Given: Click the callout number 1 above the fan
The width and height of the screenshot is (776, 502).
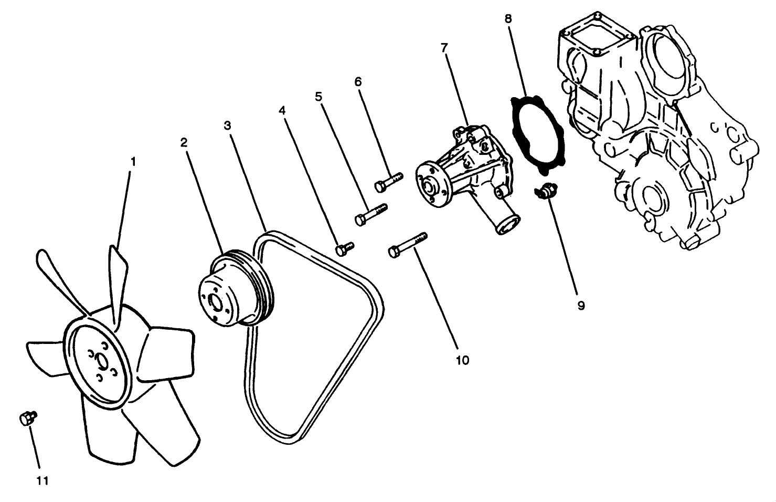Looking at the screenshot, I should point(133,161).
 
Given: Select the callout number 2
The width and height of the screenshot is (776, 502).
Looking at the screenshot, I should point(184,142).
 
